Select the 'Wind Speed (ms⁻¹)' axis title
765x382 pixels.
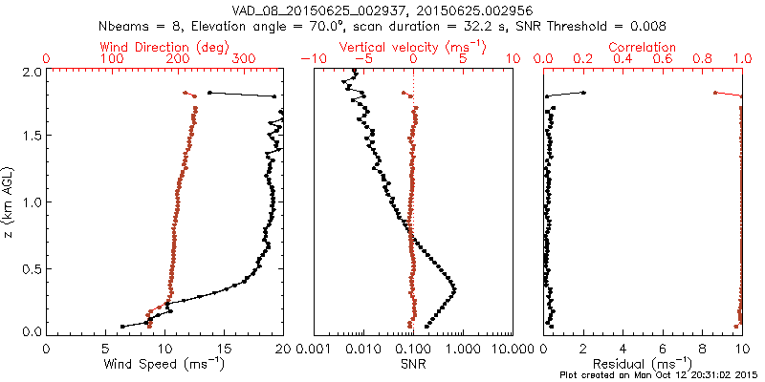coord(164,364)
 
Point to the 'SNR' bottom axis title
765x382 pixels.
coord(412,364)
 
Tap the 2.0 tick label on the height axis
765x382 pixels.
coord(31,72)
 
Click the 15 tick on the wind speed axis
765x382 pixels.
coord(224,348)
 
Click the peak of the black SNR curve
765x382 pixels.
coord(454,288)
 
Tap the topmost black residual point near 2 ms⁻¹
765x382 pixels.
coord(583,93)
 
